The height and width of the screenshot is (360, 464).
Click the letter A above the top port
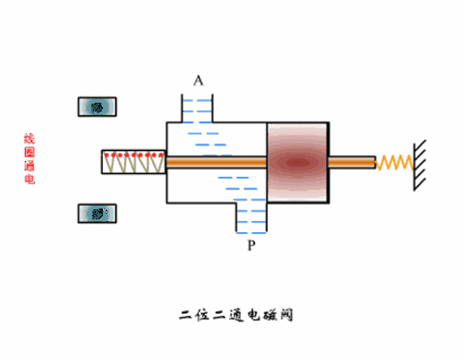point(198,80)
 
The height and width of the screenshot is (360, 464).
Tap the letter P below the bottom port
point(252,245)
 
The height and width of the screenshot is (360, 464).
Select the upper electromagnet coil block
point(97,106)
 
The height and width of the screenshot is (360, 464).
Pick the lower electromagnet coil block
point(97,214)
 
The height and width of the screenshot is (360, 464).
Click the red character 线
point(29,138)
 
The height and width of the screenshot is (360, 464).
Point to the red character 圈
point(29,152)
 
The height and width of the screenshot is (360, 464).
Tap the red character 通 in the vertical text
point(29,166)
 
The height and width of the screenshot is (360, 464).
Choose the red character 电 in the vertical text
point(29,179)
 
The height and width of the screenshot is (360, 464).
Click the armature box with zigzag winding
point(133,162)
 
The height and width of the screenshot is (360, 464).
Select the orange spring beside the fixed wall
point(394,162)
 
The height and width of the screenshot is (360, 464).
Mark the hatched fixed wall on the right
point(420,165)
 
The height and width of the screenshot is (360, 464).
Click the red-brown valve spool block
point(298,162)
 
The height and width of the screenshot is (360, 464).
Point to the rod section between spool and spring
point(352,162)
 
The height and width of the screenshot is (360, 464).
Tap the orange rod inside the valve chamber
point(217,162)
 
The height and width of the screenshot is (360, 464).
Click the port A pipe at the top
point(197,108)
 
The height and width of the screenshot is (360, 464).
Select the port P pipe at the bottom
point(252,218)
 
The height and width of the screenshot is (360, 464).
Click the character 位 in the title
point(202,315)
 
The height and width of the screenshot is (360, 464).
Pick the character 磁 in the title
point(269,315)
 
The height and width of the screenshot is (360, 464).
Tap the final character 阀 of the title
point(286,315)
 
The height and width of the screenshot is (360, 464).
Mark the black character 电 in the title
point(253,315)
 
